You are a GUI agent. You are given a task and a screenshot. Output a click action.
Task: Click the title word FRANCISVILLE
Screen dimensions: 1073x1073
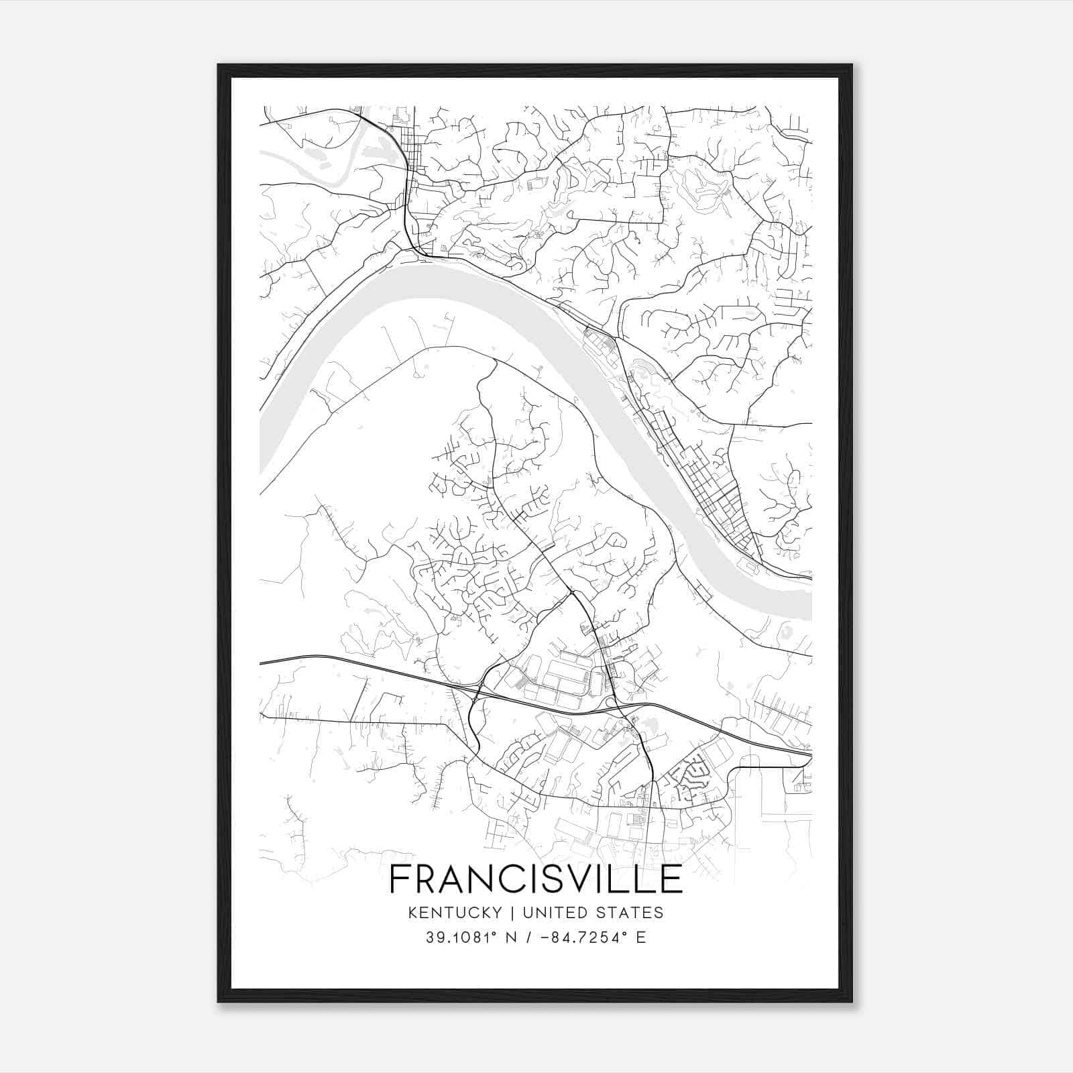tap(536, 879)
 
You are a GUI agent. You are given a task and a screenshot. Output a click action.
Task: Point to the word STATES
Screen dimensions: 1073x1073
tap(632, 913)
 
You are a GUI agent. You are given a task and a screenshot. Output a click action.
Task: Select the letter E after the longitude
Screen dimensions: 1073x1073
tap(641, 938)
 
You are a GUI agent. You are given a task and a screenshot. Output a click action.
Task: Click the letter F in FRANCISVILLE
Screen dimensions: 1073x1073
tap(400, 879)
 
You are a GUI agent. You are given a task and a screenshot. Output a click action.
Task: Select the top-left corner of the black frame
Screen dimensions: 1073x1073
tap(219, 66)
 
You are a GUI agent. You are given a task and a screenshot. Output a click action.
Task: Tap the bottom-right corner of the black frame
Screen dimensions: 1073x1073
tap(851, 1001)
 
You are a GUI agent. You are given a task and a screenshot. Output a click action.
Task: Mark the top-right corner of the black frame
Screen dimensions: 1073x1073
tap(851, 66)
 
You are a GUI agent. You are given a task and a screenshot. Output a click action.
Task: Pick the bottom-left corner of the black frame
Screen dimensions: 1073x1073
tap(219, 1001)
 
